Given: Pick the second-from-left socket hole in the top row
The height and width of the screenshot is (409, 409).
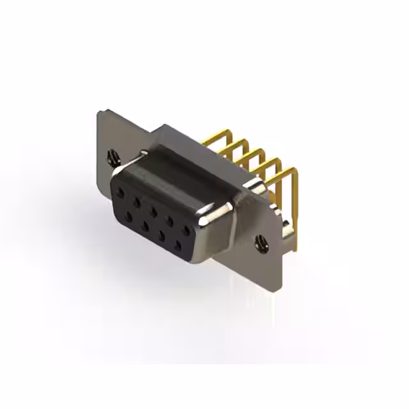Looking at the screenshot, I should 136,197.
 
